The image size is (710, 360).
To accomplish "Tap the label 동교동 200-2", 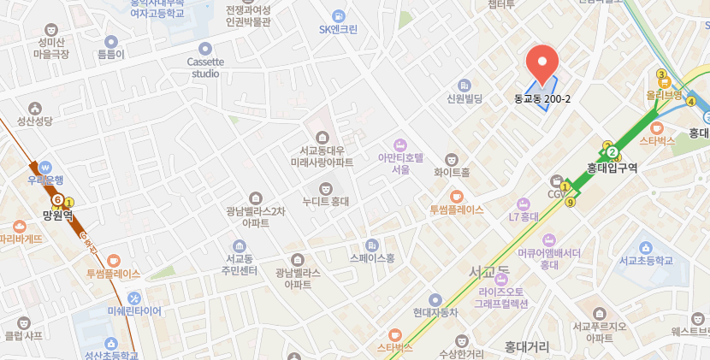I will (x=542, y=99).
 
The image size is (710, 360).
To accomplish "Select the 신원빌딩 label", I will (x=465, y=99).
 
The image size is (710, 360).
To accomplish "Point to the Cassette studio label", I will (x=205, y=67).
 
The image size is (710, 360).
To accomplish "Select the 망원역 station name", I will (x=58, y=216).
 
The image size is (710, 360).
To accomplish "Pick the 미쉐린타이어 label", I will (x=134, y=311).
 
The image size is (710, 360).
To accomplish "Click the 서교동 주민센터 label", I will (x=238, y=265).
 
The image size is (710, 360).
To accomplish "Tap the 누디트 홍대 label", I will (x=324, y=203).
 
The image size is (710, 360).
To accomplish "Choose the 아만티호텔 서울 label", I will (x=400, y=163).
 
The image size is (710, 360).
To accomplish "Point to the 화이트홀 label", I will (x=452, y=172).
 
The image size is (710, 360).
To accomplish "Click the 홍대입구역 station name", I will (x=612, y=168).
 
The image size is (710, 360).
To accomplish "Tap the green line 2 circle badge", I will (x=612, y=153).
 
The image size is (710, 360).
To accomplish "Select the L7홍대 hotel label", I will (x=524, y=216).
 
